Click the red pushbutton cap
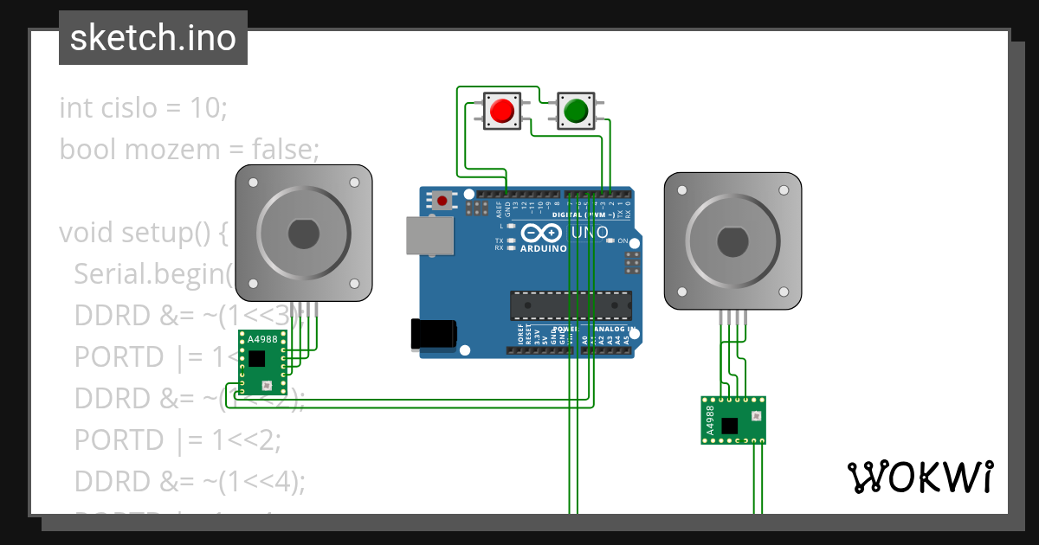coord(500,111)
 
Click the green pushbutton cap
coord(576,111)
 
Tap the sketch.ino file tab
coord(153,38)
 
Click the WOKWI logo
coord(920,477)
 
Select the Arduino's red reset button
coord(443,201)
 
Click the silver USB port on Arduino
coord(429,235)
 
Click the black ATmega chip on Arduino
coord(571,305)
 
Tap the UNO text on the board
coord(590,233)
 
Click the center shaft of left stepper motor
coord(304,234)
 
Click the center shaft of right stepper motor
coord(732,240)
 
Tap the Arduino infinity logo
coord(543,234)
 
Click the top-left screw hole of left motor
coord(254,184)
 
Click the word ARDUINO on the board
coord(543,248)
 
